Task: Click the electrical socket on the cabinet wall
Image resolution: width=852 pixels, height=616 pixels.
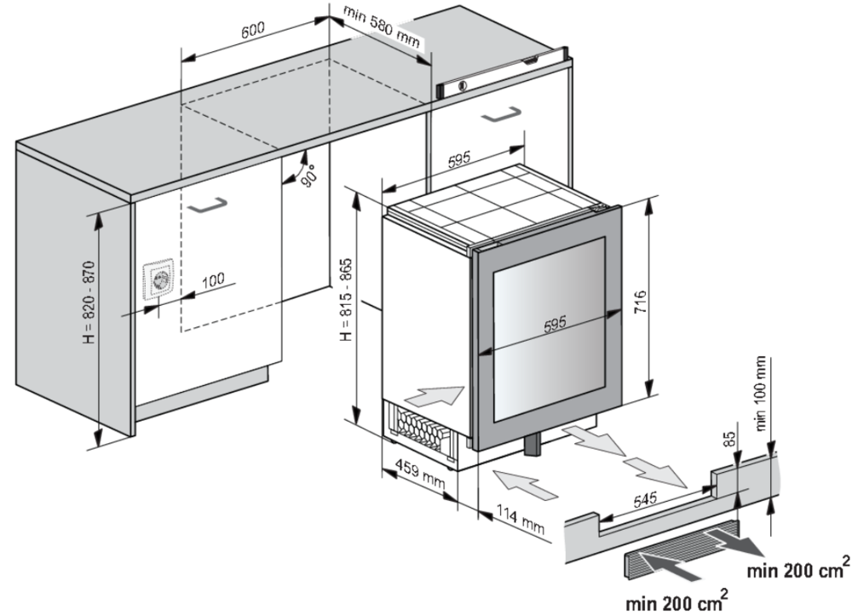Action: (159, 279)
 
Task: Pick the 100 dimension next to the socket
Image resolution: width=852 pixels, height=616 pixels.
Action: (213, 279)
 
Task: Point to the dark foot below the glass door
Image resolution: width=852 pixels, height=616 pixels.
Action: (534, 445)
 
